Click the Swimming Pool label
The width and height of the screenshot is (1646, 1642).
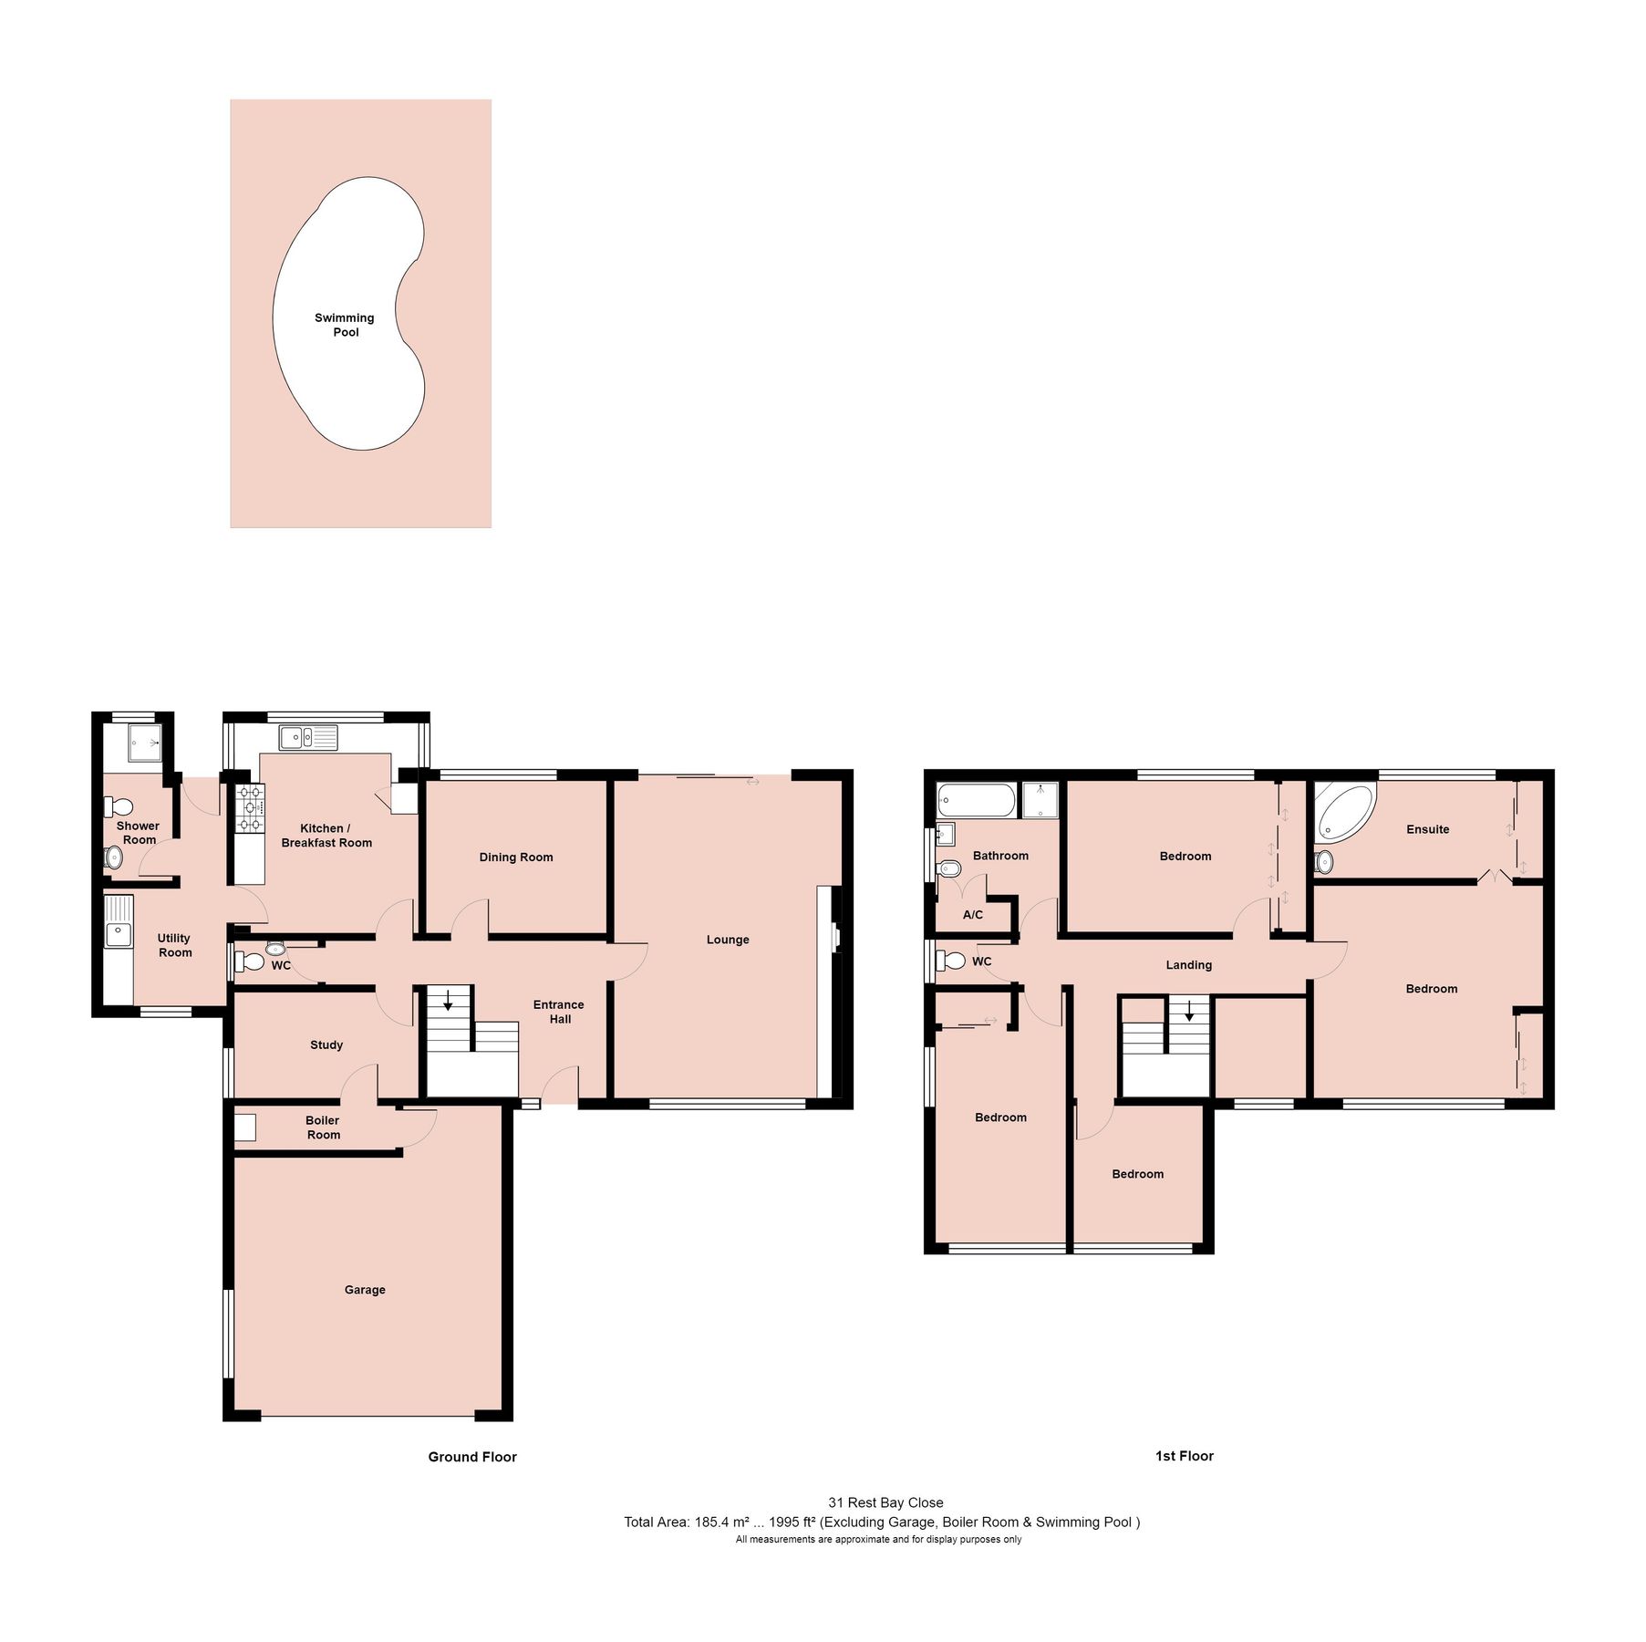[x=345, y=325]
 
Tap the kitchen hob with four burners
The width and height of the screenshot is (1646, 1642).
[x=250, y=809]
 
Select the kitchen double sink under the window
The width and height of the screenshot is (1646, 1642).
[x=308, y=737]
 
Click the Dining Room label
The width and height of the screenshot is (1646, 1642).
[x=516, y=857]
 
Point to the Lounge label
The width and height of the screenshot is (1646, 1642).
[x=728, y=940]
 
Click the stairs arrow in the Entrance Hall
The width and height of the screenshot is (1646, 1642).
[x=449, y=1001]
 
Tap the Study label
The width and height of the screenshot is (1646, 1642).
[x=326, y=1045]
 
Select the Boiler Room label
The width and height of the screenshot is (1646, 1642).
[x=323, y=1128]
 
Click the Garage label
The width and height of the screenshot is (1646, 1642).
[x=365, y=1290]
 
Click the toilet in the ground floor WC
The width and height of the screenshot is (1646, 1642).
[x=247, y=961]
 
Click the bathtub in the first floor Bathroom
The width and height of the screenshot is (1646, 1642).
[x=975, y=801]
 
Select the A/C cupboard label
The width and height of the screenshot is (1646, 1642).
[x=973, y=915]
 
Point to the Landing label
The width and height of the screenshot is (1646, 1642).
[x=1188, y=965]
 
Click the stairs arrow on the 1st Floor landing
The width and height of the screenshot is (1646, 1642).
[x=1189, y=1011]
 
